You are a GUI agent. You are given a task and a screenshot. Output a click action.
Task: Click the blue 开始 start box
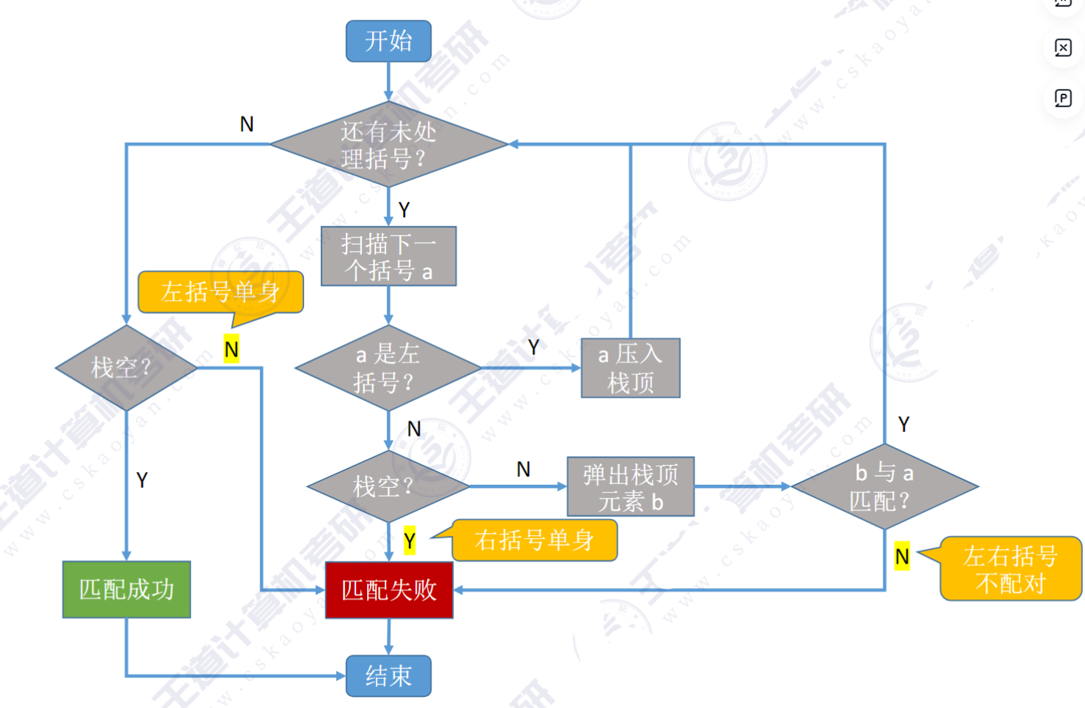(388, 41)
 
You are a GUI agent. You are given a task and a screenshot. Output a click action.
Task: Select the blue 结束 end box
(388, 675)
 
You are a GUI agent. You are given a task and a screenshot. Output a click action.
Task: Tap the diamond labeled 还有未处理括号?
(388, 144)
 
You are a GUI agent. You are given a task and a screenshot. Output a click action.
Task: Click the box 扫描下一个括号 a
(388, 256)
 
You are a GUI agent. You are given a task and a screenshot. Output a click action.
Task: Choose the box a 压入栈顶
(630, 368)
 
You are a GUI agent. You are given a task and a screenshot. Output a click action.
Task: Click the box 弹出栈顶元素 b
(630, 487)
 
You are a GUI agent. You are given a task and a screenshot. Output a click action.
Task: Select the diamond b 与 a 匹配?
(884, 487)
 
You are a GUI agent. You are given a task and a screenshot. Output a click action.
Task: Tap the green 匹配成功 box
(127, 589)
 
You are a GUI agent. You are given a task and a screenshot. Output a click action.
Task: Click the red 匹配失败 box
(389, 589)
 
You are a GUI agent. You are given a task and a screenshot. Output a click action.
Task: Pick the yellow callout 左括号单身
(221, 291)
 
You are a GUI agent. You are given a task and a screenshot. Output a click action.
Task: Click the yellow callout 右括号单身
(534, 540)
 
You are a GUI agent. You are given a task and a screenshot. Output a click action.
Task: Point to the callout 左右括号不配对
(1010, 569)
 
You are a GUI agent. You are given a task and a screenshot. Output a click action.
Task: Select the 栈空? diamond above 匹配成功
(126, 368)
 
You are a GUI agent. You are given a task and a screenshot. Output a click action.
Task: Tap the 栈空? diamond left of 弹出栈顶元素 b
(387, 486)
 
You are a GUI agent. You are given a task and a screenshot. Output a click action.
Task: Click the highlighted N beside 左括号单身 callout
(232, 349)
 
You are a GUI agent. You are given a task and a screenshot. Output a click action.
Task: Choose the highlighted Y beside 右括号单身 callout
(410, 541)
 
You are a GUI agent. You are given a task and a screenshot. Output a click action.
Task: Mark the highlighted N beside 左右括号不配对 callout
(902, 556)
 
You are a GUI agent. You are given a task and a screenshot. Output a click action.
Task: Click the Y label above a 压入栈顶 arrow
(533, 347)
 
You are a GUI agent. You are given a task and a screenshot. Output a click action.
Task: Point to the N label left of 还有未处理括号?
(247, 124)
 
